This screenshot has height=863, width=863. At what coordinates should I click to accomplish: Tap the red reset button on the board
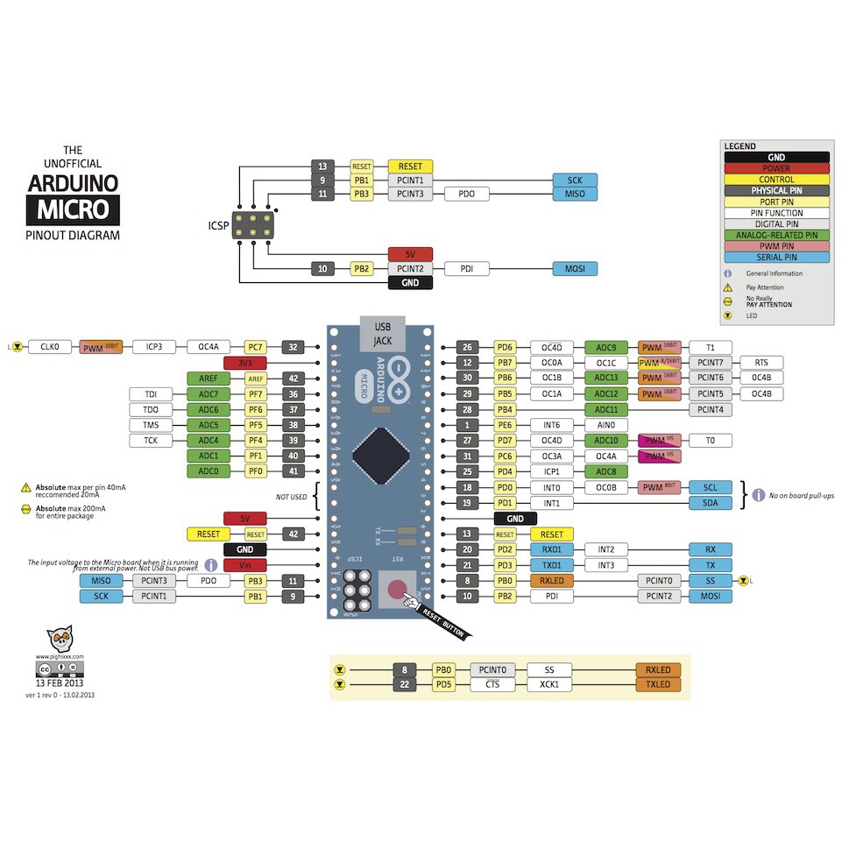[398, 589]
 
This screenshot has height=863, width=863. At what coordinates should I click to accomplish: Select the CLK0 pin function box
[49, 347]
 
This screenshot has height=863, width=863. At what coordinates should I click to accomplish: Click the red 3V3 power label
[245, 363]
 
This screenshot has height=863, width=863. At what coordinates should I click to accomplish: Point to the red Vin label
[245, 565]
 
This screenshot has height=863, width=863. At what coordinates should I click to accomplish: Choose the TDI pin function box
[152, 394]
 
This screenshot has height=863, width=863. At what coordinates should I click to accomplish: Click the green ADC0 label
[208, 471]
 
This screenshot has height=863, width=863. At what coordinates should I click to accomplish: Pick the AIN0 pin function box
[606, 425]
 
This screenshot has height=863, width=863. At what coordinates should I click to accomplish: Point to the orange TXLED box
[658, 684]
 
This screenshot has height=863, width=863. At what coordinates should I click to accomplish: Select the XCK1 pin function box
[549, 684]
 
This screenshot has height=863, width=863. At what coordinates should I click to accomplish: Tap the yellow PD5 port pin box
[443, 684]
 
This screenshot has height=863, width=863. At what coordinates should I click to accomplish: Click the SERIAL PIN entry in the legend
[776, 258]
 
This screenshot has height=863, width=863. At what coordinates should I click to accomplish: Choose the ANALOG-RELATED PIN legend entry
[776, 235]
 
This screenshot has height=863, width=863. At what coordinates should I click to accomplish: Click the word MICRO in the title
[73, 209]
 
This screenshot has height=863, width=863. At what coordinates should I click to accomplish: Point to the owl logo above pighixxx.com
[59, 638]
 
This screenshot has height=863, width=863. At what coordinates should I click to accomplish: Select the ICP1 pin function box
[552, 471]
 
